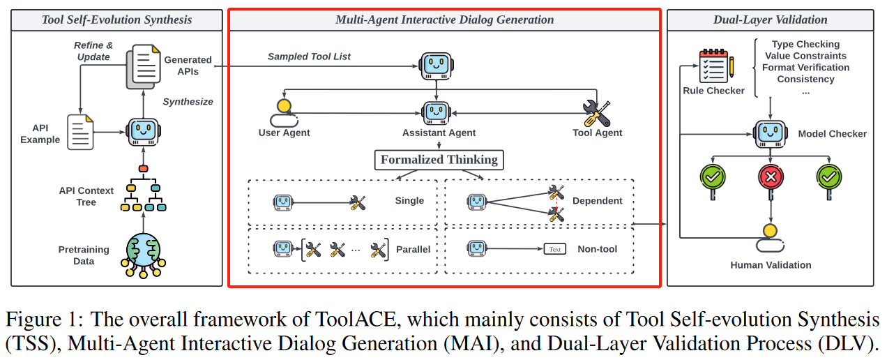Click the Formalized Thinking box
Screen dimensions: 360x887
[x=439, y=160]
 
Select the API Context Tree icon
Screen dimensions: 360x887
[x=143, y=193]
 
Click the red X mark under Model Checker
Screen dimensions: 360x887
[x=770, y=179]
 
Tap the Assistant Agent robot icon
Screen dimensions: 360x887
[x=437, y=112]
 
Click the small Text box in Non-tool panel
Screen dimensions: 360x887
[x=554, y=249]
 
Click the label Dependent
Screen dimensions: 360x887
[x=597, y=200]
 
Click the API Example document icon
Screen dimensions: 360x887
[x=80, y=132]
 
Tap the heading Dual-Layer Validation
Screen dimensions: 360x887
[x=770, y=20]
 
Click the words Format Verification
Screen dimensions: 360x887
[x=805, y=68]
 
